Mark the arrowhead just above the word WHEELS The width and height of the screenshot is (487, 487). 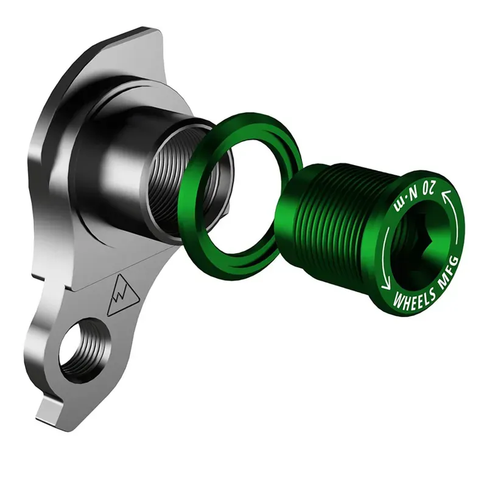tap(386, 285)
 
